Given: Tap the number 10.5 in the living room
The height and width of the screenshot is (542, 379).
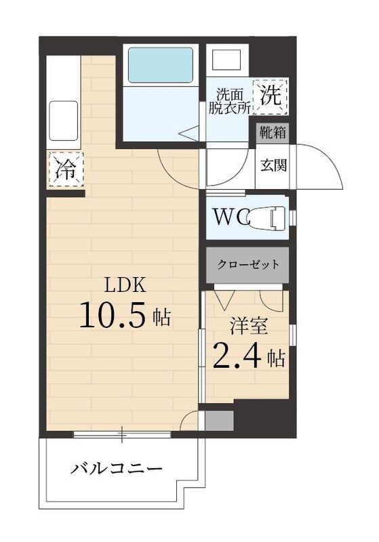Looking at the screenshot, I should point(113,316).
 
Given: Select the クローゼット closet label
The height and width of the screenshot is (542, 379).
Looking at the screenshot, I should point(247,264).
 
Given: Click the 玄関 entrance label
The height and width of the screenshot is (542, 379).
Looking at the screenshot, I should point(273,165).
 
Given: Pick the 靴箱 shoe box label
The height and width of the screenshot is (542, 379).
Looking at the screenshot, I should point(273,132).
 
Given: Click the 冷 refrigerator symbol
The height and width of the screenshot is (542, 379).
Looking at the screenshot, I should point(65,169).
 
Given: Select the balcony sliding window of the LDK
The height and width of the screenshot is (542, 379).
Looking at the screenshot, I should point(122,434).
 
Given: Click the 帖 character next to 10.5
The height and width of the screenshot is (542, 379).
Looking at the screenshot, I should point(161,316).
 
